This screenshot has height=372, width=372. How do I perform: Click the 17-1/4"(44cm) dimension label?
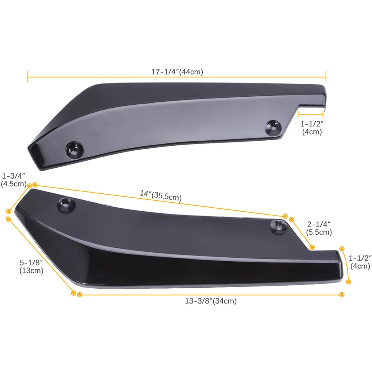point(177,72)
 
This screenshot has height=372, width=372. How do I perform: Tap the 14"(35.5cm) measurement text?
point(160,196)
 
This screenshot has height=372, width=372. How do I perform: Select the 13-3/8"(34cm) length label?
point(210,301)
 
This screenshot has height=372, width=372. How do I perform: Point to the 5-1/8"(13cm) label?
point(31,267)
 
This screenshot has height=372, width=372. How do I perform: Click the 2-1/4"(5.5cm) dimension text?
point(319,228)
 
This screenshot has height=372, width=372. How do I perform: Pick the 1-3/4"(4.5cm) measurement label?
point(13,179)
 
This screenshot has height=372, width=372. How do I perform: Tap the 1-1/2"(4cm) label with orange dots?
point(360,262)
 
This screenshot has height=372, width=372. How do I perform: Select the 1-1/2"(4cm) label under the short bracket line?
point(312,128)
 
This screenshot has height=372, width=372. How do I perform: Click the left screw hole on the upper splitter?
point(74,148)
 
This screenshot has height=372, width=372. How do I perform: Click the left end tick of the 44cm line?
point(28,77)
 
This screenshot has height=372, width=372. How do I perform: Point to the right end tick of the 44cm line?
point(326,77)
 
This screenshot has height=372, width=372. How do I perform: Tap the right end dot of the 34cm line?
point(341,295)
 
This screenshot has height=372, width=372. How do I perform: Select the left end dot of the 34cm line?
point(79,295)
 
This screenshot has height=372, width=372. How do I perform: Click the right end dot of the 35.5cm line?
point(285,216)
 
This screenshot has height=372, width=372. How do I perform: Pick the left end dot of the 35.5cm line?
point(35,185)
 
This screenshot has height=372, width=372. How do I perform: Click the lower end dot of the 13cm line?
point(74,293)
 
